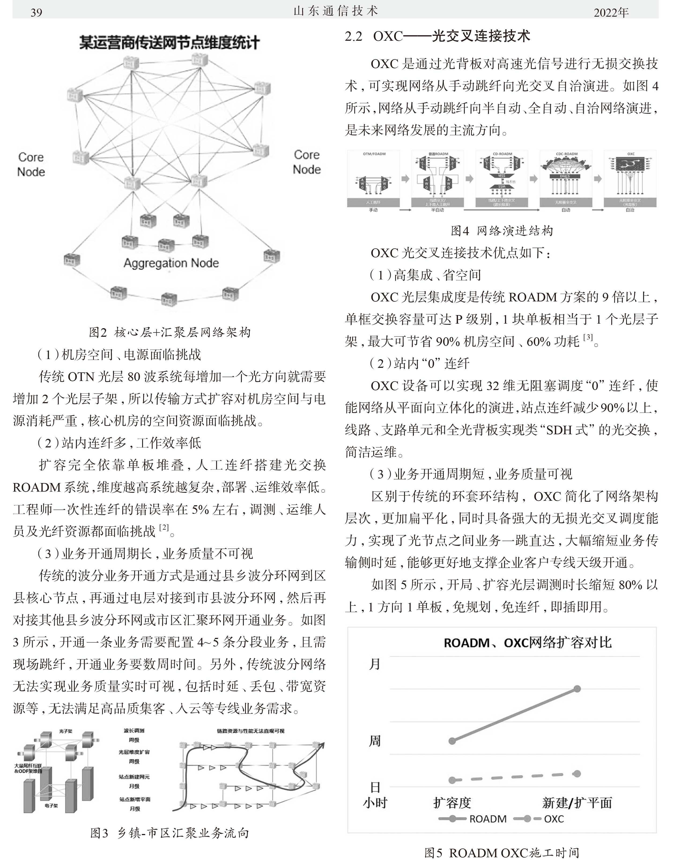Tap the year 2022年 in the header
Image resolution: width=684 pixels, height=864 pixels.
pos(611,12)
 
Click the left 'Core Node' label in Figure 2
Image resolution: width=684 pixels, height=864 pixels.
pos(31,164)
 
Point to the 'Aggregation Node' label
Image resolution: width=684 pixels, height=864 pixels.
pos(171,263)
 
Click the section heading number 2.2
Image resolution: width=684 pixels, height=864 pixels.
pos(354,36)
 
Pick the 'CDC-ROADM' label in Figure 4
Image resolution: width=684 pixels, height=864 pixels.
pos(566,154)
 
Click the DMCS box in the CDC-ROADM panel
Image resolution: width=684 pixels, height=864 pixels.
pos(565,176)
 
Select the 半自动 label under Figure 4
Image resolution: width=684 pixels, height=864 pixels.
pos(437,210)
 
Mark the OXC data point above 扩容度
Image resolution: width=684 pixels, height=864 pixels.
pos(452,780)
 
